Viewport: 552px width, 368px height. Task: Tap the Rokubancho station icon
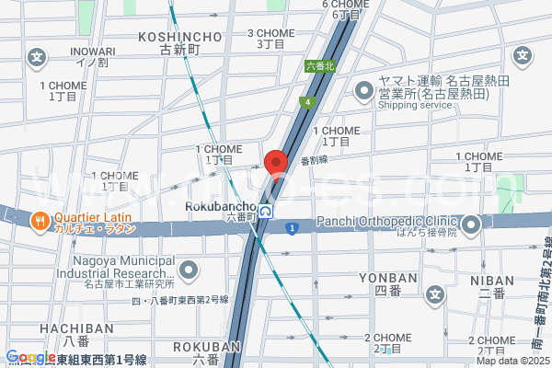pyautogui.click(x=265, y=211)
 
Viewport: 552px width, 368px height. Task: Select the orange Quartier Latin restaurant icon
pyautogui.click(x=40, y=221)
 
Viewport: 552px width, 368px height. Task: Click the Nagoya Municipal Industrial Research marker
pyautogui.click(x=189, y=270)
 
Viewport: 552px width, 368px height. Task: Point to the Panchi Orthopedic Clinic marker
pyautogui.click(x=473, y=224)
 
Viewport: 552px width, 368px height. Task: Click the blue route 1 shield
pyautogui.click(x=291, y=227)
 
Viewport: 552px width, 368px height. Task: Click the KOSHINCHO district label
pyautogui.click(x=179, y=37)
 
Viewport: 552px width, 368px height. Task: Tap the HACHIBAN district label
pyautogui.click(x=68, y=327)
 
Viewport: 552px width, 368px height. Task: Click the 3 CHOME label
pyautogui.click(x=270, y=33)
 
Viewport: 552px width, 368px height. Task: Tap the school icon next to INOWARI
pyautogui.click(x=37, y=57)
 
